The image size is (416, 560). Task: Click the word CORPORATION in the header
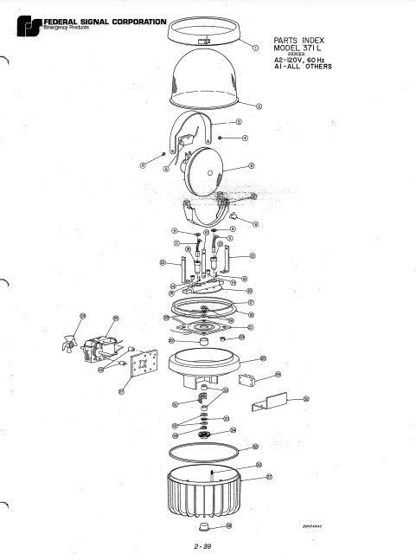coord(138,21)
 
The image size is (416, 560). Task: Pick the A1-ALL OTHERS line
coord(304,67)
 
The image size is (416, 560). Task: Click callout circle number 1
coord(255,48)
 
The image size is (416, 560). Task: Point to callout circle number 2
coord(261,105)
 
